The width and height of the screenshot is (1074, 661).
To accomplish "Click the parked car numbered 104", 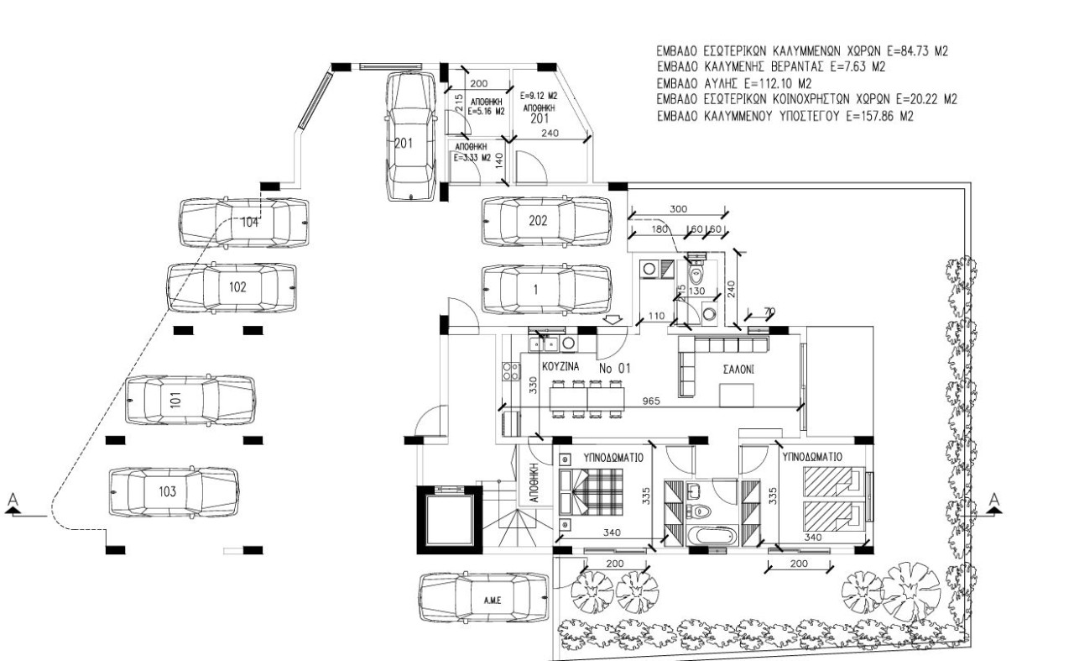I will pyautogui.click(x=243, y=223).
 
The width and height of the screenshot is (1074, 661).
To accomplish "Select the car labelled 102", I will pyautogui.click(x=232, y=286).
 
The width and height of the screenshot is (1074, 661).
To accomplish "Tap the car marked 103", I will pyautogui.click(x=174, y=492).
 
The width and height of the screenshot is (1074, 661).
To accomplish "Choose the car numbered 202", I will pyautogui.click(x=545, y=221).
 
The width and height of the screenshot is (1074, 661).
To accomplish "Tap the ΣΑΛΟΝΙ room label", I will pyautogui.click(x=739, y=369).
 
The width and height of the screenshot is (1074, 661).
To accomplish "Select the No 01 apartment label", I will pyautogui.click(x=614, y=368).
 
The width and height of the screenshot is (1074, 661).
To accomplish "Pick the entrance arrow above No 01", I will pyautogui.click(x=613, y=320).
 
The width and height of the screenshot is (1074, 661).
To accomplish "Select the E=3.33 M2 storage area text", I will pyautogui.click(x=472, y=156).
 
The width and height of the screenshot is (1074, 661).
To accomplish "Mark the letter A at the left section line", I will pyautogui.click(x=13, y=501).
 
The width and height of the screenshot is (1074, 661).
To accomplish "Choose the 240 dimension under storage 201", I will pyautogui.click(x=550, y=133).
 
